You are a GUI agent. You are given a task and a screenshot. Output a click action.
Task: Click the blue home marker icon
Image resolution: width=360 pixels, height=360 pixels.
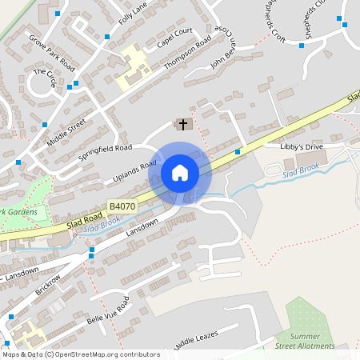[x=180, y=173]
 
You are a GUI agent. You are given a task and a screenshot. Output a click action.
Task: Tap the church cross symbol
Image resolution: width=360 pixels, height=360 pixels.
[x=183, y=124]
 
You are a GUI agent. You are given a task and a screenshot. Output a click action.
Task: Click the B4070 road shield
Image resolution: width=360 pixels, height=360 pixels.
[x=122, y=206]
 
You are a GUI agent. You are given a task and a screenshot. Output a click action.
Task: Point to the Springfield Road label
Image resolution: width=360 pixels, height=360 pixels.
[x=105, y=149]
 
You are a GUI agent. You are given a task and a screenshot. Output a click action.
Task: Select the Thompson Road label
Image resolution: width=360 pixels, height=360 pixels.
[x=187, y=54]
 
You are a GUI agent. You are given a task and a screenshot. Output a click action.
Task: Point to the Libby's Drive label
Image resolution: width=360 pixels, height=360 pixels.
[x=301, y=147]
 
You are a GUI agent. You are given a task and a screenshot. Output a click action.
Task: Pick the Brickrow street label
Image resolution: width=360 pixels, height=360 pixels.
[x=48, y=286]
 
